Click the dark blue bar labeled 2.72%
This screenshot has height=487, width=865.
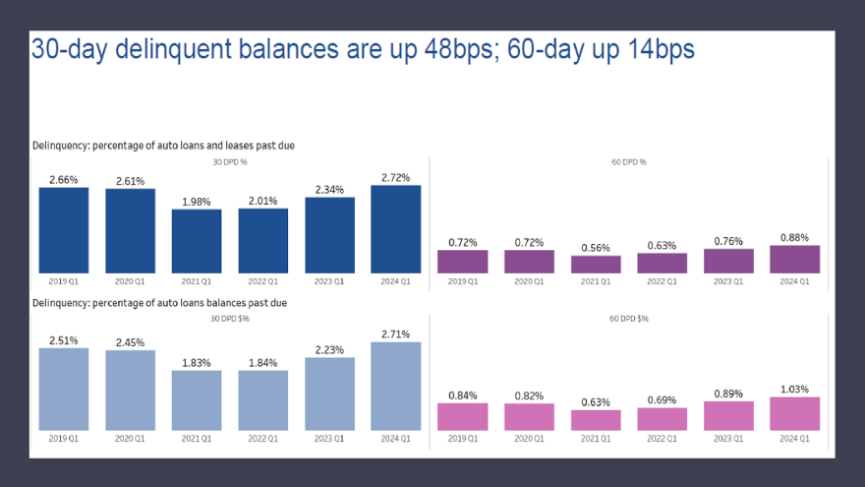point(396,229)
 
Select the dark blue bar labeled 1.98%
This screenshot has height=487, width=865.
point(197,241)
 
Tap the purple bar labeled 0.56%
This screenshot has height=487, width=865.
point(596,264)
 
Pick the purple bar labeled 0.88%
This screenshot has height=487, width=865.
point(795,259)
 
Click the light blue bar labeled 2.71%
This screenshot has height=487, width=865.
point(396,386)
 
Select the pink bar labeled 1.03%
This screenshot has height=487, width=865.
point(795,413)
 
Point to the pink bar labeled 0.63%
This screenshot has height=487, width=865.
point(596,420)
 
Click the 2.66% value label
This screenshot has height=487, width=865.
point(64,179)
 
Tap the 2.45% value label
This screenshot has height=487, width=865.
point(130,342)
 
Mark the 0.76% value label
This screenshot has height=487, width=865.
point(728,241)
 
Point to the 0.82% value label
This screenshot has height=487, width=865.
point(529,396)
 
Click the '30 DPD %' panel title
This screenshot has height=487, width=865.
point(230,161)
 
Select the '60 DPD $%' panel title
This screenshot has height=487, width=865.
point(629,319)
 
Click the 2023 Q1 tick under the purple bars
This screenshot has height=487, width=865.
point(728,280)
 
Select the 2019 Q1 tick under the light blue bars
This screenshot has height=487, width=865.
point(64,438)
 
